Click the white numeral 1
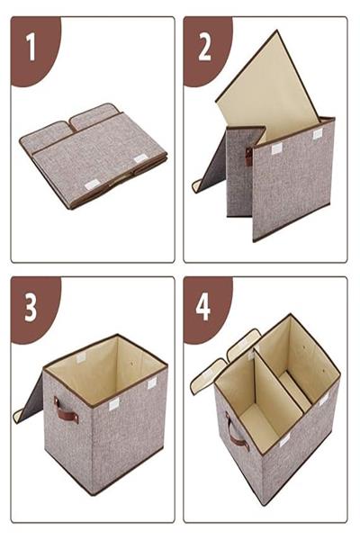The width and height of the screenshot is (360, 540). (x=31, y=47)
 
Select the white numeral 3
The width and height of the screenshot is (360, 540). (x=31, y=308)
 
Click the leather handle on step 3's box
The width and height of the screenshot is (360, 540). (x=66, y=410)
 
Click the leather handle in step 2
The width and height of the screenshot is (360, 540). (x=249, y=157)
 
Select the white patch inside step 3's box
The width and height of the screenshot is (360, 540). (x=81, y=357)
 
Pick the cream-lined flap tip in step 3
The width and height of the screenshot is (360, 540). (x=18, y=415)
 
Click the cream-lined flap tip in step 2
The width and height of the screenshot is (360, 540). (x=197, y=186)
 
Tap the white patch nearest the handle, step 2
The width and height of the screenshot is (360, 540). (x=276, y=148)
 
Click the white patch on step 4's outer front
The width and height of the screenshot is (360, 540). (x=284, y=441)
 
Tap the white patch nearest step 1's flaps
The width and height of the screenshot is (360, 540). (x=140, y=158)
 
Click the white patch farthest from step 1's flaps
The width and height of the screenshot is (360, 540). (x=92, y=184)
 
